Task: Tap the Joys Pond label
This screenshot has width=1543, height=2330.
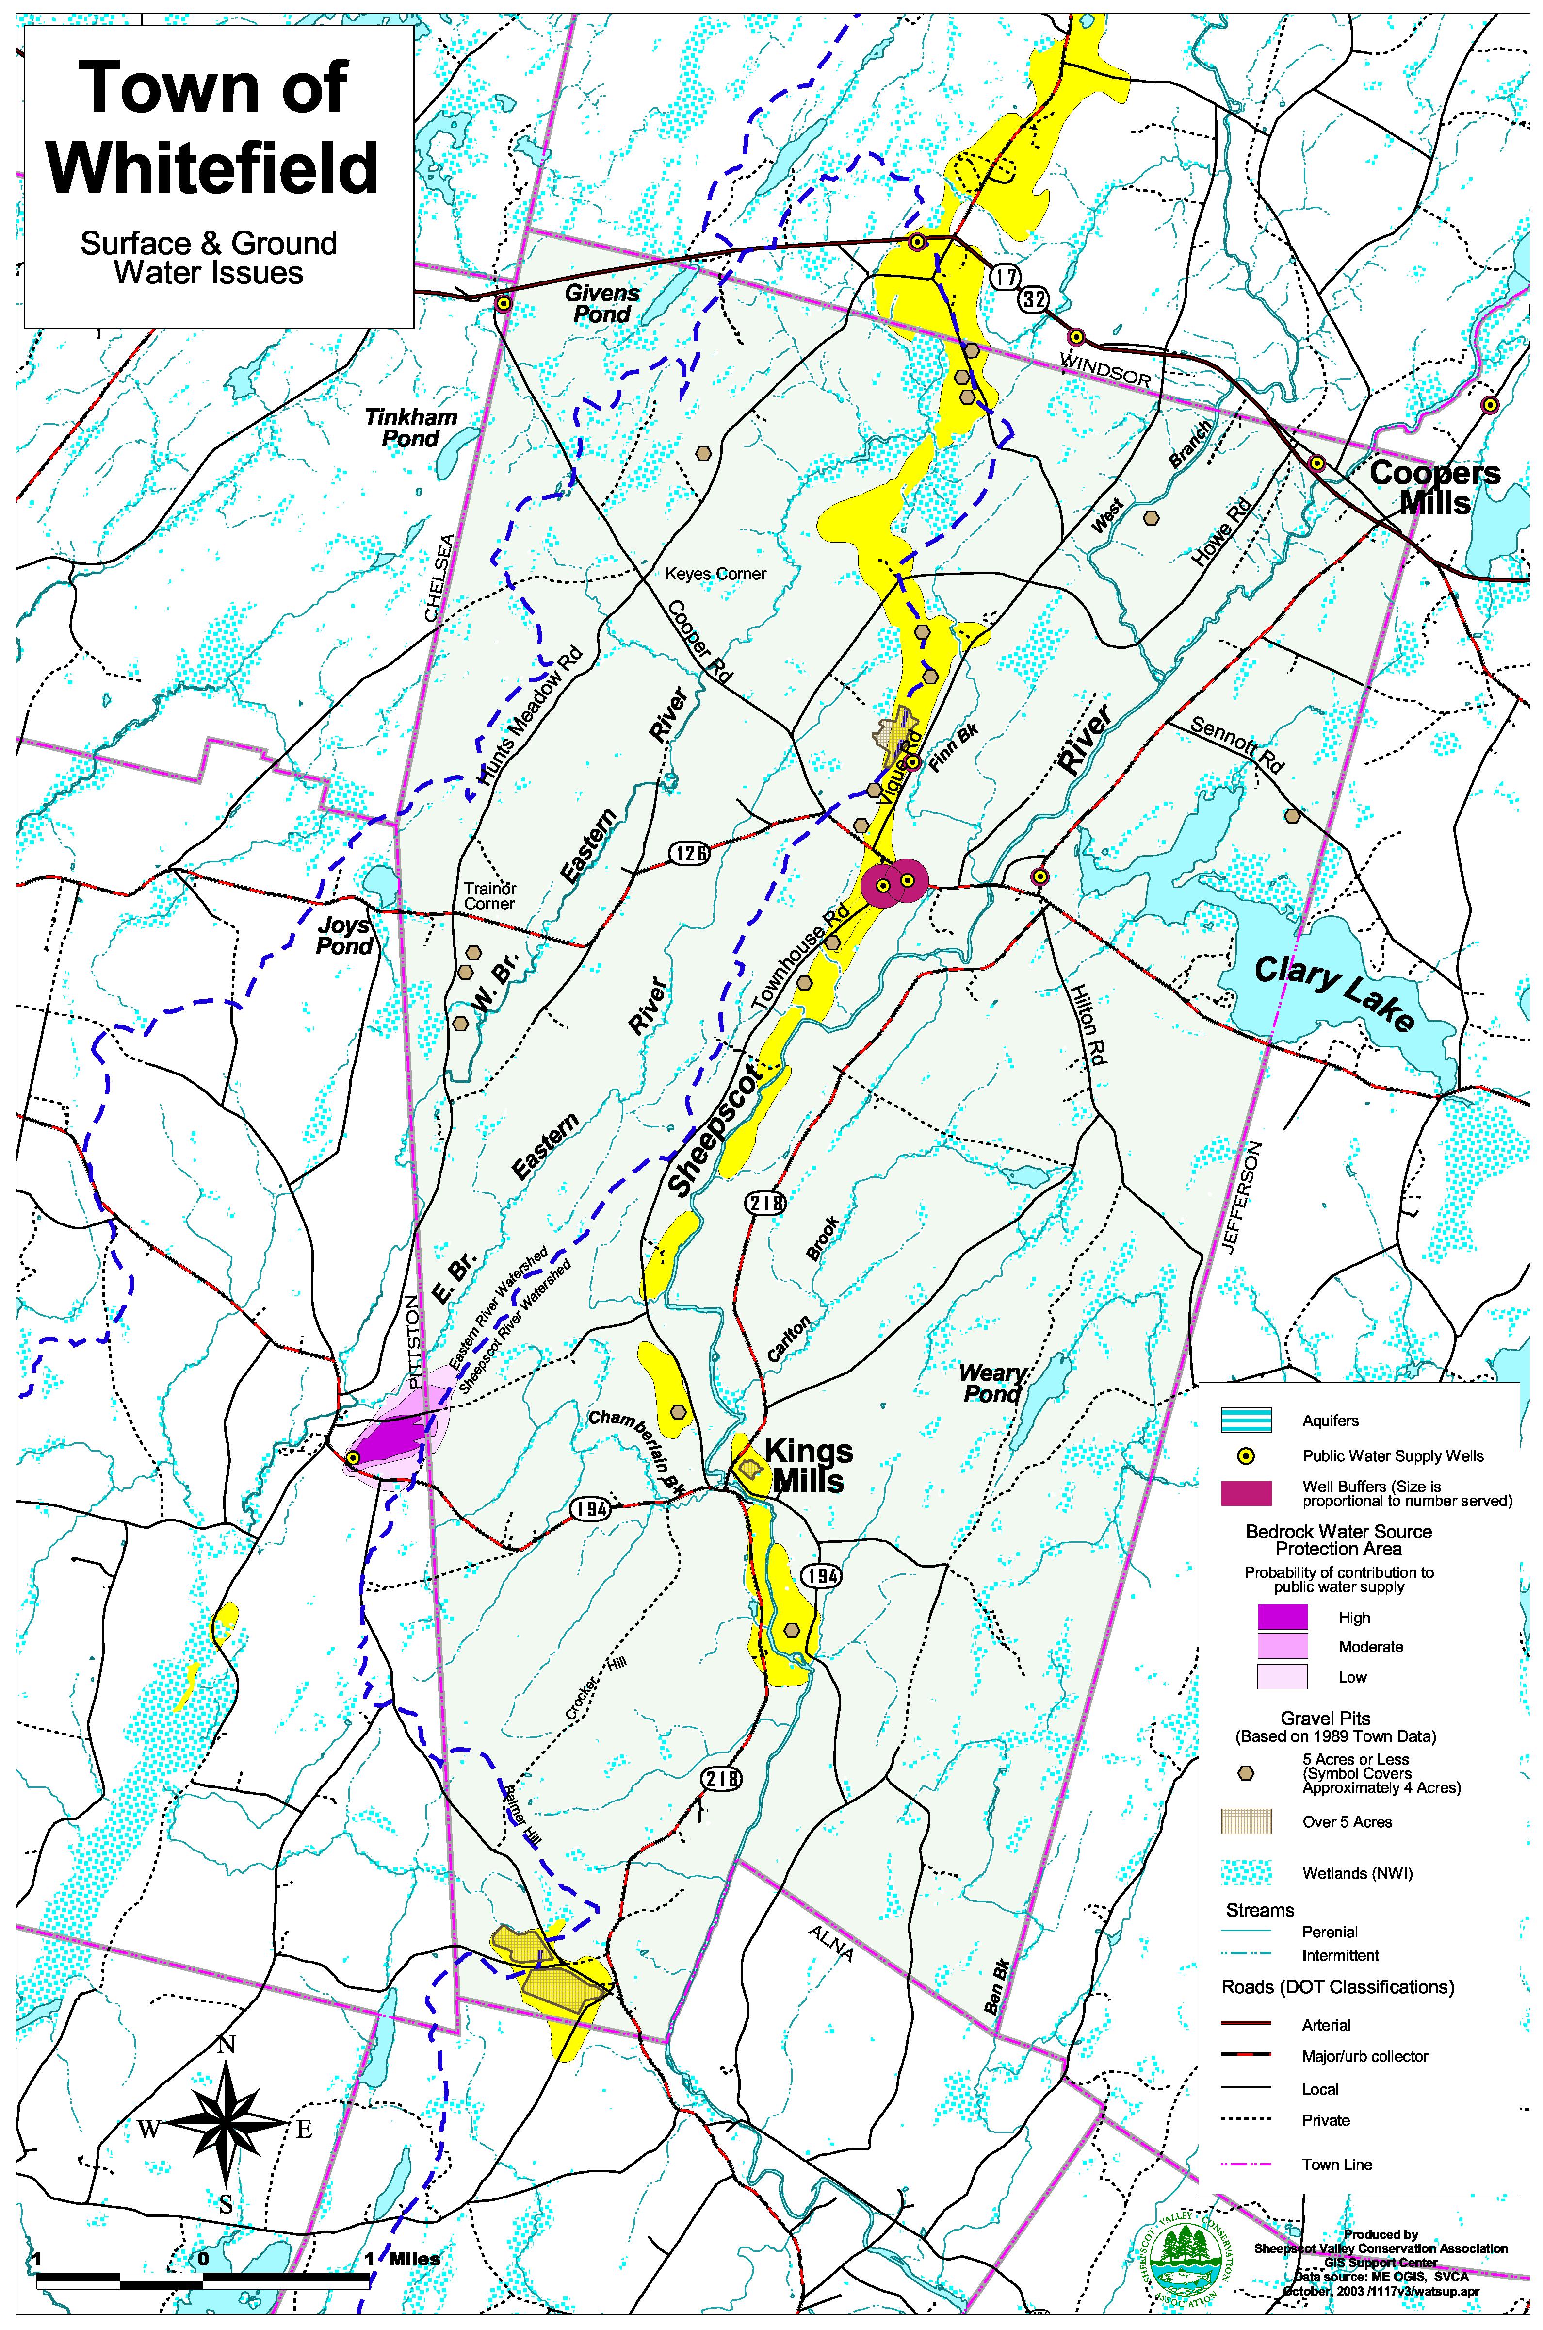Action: pos(344,936)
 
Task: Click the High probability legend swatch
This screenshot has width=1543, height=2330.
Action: pos(1282,1616)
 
